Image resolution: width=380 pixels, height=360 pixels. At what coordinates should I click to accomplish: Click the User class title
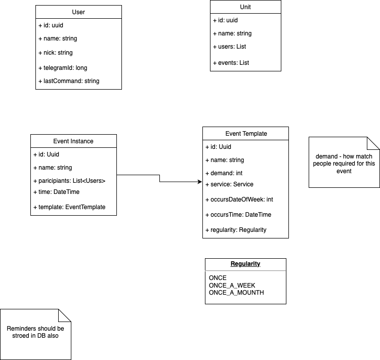(78, 12)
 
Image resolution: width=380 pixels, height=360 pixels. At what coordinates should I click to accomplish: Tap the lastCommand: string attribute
(68, 81)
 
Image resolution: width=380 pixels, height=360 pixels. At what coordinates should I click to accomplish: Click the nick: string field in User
(55, 53)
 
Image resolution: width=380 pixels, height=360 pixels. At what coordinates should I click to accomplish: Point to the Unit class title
(245, 7)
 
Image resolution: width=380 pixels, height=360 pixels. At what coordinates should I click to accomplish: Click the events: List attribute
(231, 63)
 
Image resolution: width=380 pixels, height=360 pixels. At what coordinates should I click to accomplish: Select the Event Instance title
(73, 141)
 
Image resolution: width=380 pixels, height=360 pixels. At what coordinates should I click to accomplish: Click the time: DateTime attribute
(56, 192)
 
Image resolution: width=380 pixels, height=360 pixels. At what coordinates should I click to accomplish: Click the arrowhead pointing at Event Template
(199, 182)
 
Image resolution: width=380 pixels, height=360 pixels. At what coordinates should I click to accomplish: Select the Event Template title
(246, 134)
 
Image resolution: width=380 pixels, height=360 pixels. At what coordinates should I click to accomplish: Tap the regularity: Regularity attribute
(236, 230)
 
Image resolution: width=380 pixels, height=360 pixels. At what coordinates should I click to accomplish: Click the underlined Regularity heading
(245, 264)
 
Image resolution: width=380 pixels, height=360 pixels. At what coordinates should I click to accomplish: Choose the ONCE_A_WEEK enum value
(232, 286)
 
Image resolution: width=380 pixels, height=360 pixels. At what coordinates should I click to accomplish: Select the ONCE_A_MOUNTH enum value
(236, 292)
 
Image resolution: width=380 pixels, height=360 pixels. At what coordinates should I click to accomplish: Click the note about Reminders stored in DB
(35, 332)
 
